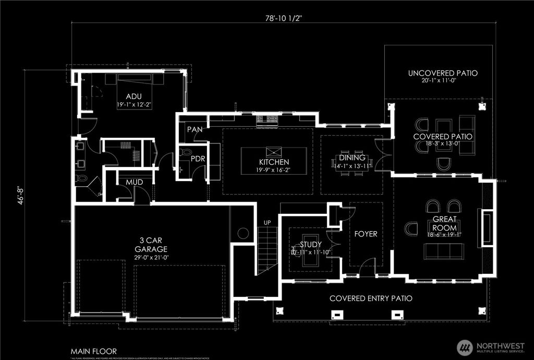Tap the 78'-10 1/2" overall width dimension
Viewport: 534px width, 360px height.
coord(283,17)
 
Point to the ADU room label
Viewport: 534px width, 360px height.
coord(133,96)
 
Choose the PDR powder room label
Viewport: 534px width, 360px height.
coord(197,158)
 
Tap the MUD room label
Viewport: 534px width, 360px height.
coord(133,182)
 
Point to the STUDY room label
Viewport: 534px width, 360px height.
coord(311,244)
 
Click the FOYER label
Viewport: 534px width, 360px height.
coord(366,234)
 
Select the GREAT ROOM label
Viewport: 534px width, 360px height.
coord(444,223)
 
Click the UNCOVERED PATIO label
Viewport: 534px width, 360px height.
coord(443,74)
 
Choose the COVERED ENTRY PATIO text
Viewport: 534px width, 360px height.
coord(371,298)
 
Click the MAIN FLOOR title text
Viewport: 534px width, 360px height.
coord(93,351)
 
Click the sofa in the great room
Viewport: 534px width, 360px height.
coord(444,252)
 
